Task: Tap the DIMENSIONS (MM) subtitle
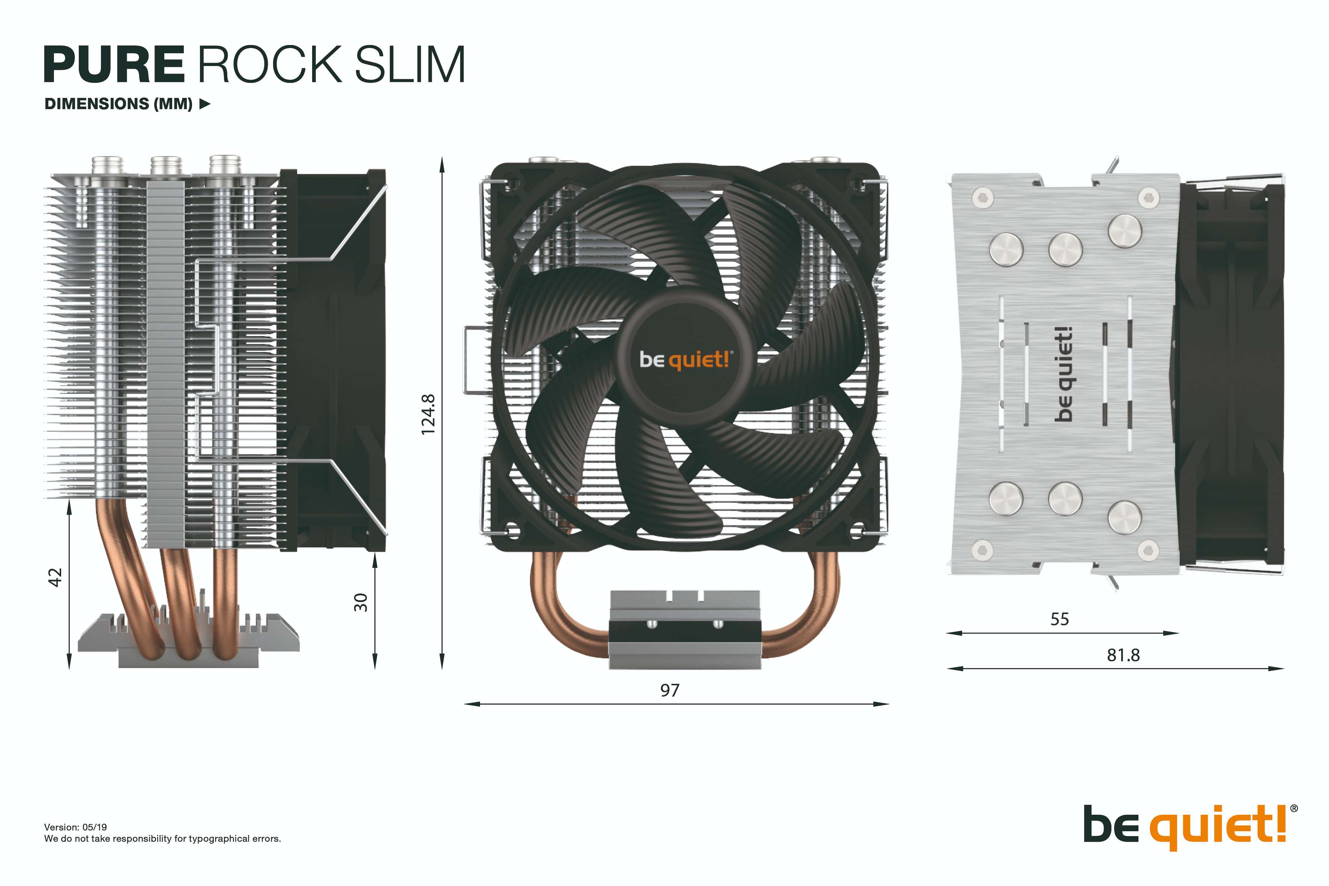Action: [x=119, y=104]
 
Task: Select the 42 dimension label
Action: [x=55, y=578]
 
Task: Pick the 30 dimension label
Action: [x=360, y=602]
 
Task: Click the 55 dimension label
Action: [x=1059, y=619]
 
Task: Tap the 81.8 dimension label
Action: [x=1123, y=655]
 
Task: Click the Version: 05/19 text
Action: [x=75, y=827]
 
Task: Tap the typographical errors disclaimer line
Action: [x=162, y=838]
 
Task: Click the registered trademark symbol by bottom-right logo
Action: [x=1294, y=809]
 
